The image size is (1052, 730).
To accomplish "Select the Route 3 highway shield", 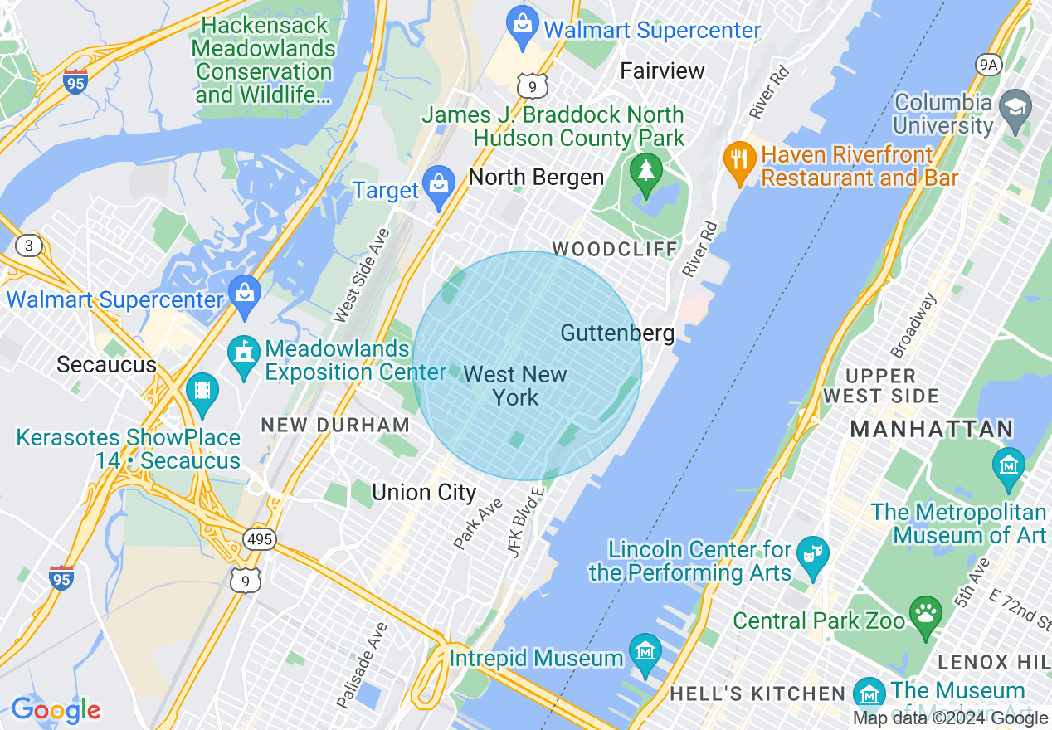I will tap(30, 245).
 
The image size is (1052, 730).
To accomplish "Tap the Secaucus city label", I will tap(106, 365).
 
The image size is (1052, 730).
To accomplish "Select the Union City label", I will tap(424, 493).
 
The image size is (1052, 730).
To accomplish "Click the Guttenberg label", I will tap(617, 333).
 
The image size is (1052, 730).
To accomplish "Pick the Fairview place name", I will tap(662, 71).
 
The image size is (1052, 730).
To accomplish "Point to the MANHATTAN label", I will tap(932, 429).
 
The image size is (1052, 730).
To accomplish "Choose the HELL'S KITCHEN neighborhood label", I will tap(757, 693).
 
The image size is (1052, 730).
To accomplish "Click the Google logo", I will tap(56, 710).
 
